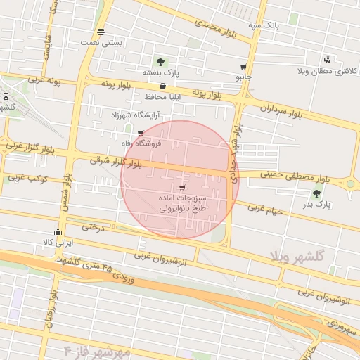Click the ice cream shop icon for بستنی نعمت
coord(102,32)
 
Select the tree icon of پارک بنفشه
coord(161,62)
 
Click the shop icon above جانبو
coord(243,66)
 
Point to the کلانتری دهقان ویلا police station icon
coord(326,60)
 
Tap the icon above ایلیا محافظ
coord(163,86)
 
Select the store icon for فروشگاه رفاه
coord(141,133)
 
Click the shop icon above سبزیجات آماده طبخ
coord(183,188)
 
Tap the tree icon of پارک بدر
coord(316,193)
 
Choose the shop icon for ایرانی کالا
coord(58,231)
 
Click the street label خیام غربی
coord(264,209)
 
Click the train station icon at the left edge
coord(6,96)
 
